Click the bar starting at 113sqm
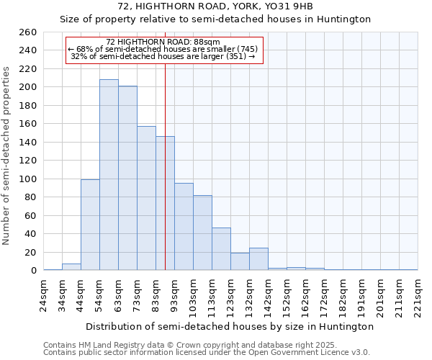[221, 249]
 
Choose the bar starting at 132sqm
[258, 259]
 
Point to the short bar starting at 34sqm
[71, 267]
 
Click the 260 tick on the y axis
[28, 32]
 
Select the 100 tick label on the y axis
[28, 179]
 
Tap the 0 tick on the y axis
[33, 271]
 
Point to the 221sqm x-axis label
[418, 294]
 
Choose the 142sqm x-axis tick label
[269, 294]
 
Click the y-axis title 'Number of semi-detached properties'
[7, 156]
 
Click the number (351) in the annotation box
[236, 56]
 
